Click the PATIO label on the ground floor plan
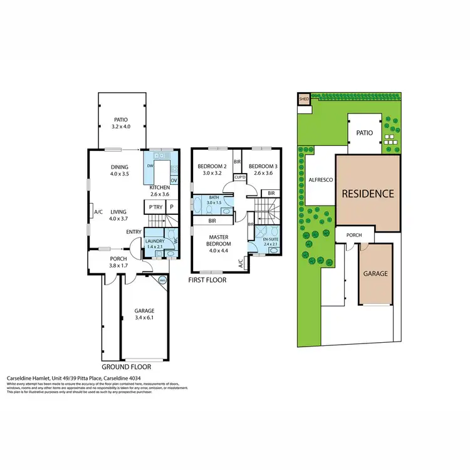(x=120, y=118)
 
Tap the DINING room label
(x=119, y=167)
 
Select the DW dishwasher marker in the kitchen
(x=150, y=166)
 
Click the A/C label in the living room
(x=98, y=212)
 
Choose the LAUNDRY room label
(x=154, y=241)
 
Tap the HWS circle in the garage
(x=163, y=280)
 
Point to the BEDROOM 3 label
(x=261, y=166)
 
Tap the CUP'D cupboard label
(x=239, y=177)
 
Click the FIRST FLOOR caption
(x=207, y=280)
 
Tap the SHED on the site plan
(x=304, y=99)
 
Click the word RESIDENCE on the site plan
(x=367, y=194)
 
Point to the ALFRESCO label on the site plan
(x=320, y=179)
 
